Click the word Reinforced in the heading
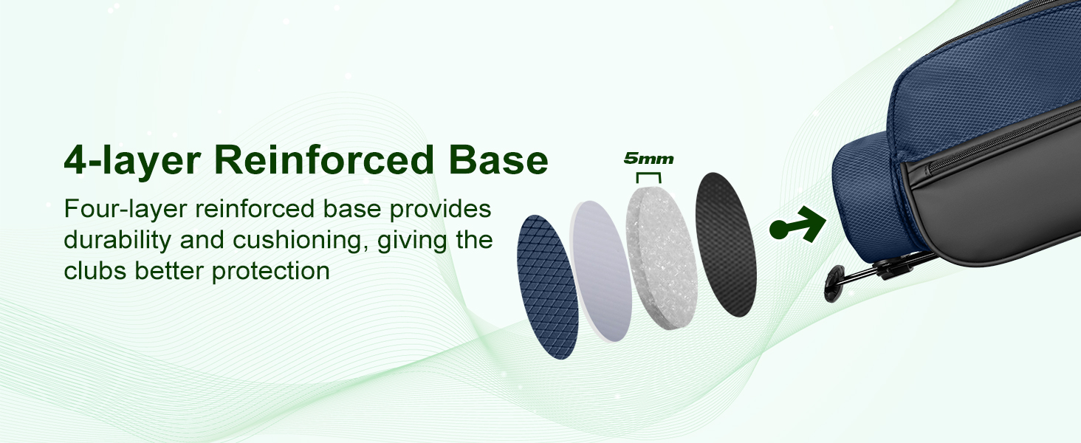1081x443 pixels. [324, 159]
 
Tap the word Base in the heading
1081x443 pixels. [498, 159]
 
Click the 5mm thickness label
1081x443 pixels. [648, 158]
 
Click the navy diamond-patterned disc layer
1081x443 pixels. [547, 287]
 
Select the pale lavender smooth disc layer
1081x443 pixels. [601, 271]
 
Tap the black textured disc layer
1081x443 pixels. [725, 244]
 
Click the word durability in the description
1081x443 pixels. [117, 241]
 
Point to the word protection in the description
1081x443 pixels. [271, 272]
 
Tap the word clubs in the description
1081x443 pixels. [95, 271]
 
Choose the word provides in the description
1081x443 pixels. [440, 210]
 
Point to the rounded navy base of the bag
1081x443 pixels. [868, 193]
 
